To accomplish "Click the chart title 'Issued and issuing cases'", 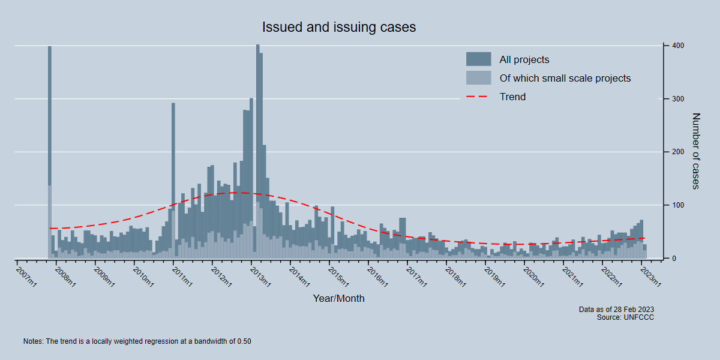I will tap(339, 28).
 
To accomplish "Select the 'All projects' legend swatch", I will tap(478, 59).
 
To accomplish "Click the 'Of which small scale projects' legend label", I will tap(565, 78).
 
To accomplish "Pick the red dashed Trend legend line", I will tap(478, 97).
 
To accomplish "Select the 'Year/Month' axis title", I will tap(338, 298).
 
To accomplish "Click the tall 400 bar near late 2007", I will tap(50, 150).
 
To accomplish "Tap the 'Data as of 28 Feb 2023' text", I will tap(616, 310).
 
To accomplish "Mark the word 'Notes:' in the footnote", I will tap(33, 341).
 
